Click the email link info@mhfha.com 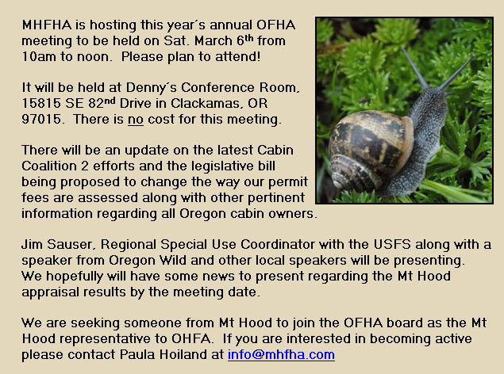(281, 355)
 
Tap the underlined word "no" (136, 120)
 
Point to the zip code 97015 (41, 120)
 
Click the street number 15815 (41, 103)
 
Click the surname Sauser (71, 245)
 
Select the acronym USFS (392, 245)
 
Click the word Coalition (49, 166)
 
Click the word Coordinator (277, 245)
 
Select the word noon (93, 57)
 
